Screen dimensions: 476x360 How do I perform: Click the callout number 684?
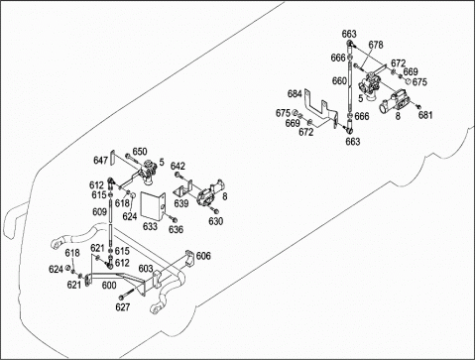pyautogui.click(x=295, y=93)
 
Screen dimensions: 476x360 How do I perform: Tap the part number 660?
pyautogui.click(x=339, y=80)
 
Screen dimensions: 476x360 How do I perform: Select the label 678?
pyautogui.click(x=376, y=45)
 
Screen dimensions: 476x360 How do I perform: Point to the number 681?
pyautogui.click(x=425, y=115)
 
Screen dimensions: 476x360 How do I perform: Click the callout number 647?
pyautogui.click(x=101, y=161)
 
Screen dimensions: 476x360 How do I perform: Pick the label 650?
pyautogui.click(x=140, y=152)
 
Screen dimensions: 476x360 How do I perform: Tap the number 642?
pyautogui.click(x=178, y=166)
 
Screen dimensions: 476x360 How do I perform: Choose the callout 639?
pyautogui.click(x=181, y=203)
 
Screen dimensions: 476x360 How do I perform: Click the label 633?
pyautogui.click(x=150, y=226)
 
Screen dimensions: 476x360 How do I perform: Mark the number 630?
pyautogui.click(x=216, y=220)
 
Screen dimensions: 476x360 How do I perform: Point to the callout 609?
pyautogui.click(x=99, y=211)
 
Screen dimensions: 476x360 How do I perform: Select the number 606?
pyautogui.click(x=203, y=256)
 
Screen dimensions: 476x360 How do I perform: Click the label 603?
pyautogui.click(x=146, y=268)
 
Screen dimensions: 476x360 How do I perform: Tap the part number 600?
pyautogui.click(x=109, y=285)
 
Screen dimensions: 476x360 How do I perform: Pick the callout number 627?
pyautogui.click(x=123, y=307)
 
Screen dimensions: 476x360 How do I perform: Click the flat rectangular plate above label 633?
pyautogui.click(x=153, y=205)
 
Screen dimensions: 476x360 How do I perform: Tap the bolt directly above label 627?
pyautogui.click(x=127, y=293)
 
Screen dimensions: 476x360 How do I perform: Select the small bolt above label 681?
pyautogui.click(x=418, y=106)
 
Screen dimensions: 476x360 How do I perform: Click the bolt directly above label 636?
pyautogui.click(x=173, y=218)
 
